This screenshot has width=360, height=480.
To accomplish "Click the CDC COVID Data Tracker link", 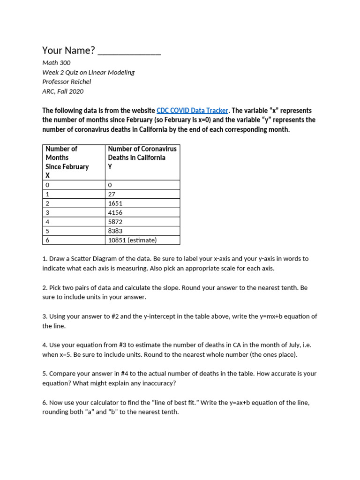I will pyautogui.click(x=192, y=111).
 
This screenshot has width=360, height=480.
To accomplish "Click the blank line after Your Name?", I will pyautogui.click(x=129, y=51).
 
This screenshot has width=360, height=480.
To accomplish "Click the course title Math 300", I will pyautogui.click(x=56, y=62).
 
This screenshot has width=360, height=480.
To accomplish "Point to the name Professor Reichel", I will pyautogui.click(x=67, y=82).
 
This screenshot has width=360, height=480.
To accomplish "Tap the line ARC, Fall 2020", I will pyautogui.click(x=63, y=91).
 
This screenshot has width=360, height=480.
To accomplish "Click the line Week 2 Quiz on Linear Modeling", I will pyautogui.click(x=88, y=72).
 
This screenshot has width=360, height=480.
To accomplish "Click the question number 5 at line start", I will pyautogui.click(x=44, y=374).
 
